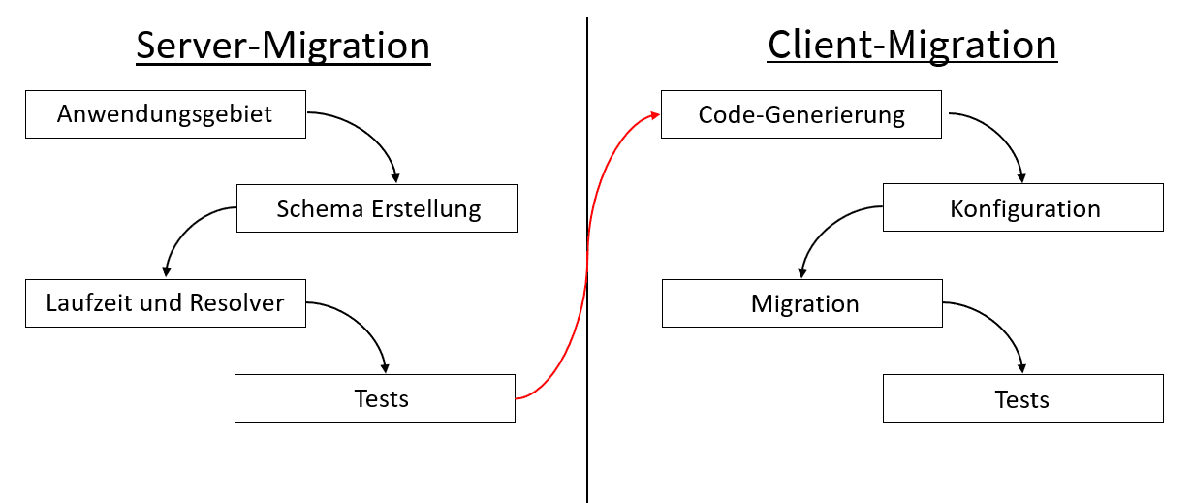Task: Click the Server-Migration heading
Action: tap(283, 46)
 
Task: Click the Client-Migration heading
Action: tap(911, 45)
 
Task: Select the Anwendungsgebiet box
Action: tap(165, 113)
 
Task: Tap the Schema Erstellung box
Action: tap(377, 208)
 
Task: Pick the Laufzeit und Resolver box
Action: tap(165, 302)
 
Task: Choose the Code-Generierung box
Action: tap(800, 114)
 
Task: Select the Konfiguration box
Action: tap(1022, 208)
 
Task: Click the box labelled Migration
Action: tap(801, 303)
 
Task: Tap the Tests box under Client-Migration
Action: tap(1022, 398)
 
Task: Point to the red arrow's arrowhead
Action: tap(655, 115)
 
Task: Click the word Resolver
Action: tap(238, 302)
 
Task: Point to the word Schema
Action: tap(310, 208)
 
